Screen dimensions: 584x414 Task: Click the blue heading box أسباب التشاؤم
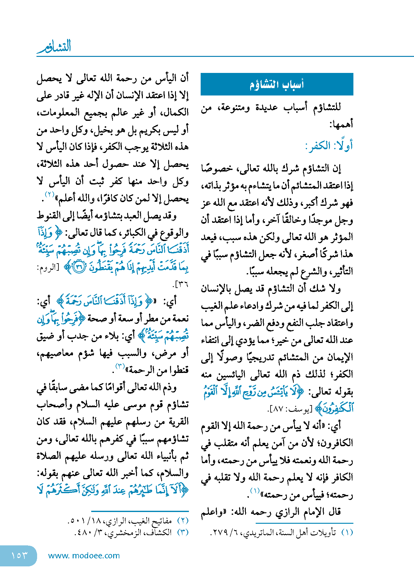[x=277, y=84]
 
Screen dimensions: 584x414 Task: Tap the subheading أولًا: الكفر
[x=329, y=146]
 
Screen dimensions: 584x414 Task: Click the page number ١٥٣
[x=19, y=556]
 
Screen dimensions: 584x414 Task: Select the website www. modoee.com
[x=84, y=556]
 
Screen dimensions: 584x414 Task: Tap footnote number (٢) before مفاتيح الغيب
[x=183, y=521]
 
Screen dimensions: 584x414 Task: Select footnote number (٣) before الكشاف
[x=183, y=532]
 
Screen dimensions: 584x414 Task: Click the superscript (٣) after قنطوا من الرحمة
[x=120, y=366]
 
